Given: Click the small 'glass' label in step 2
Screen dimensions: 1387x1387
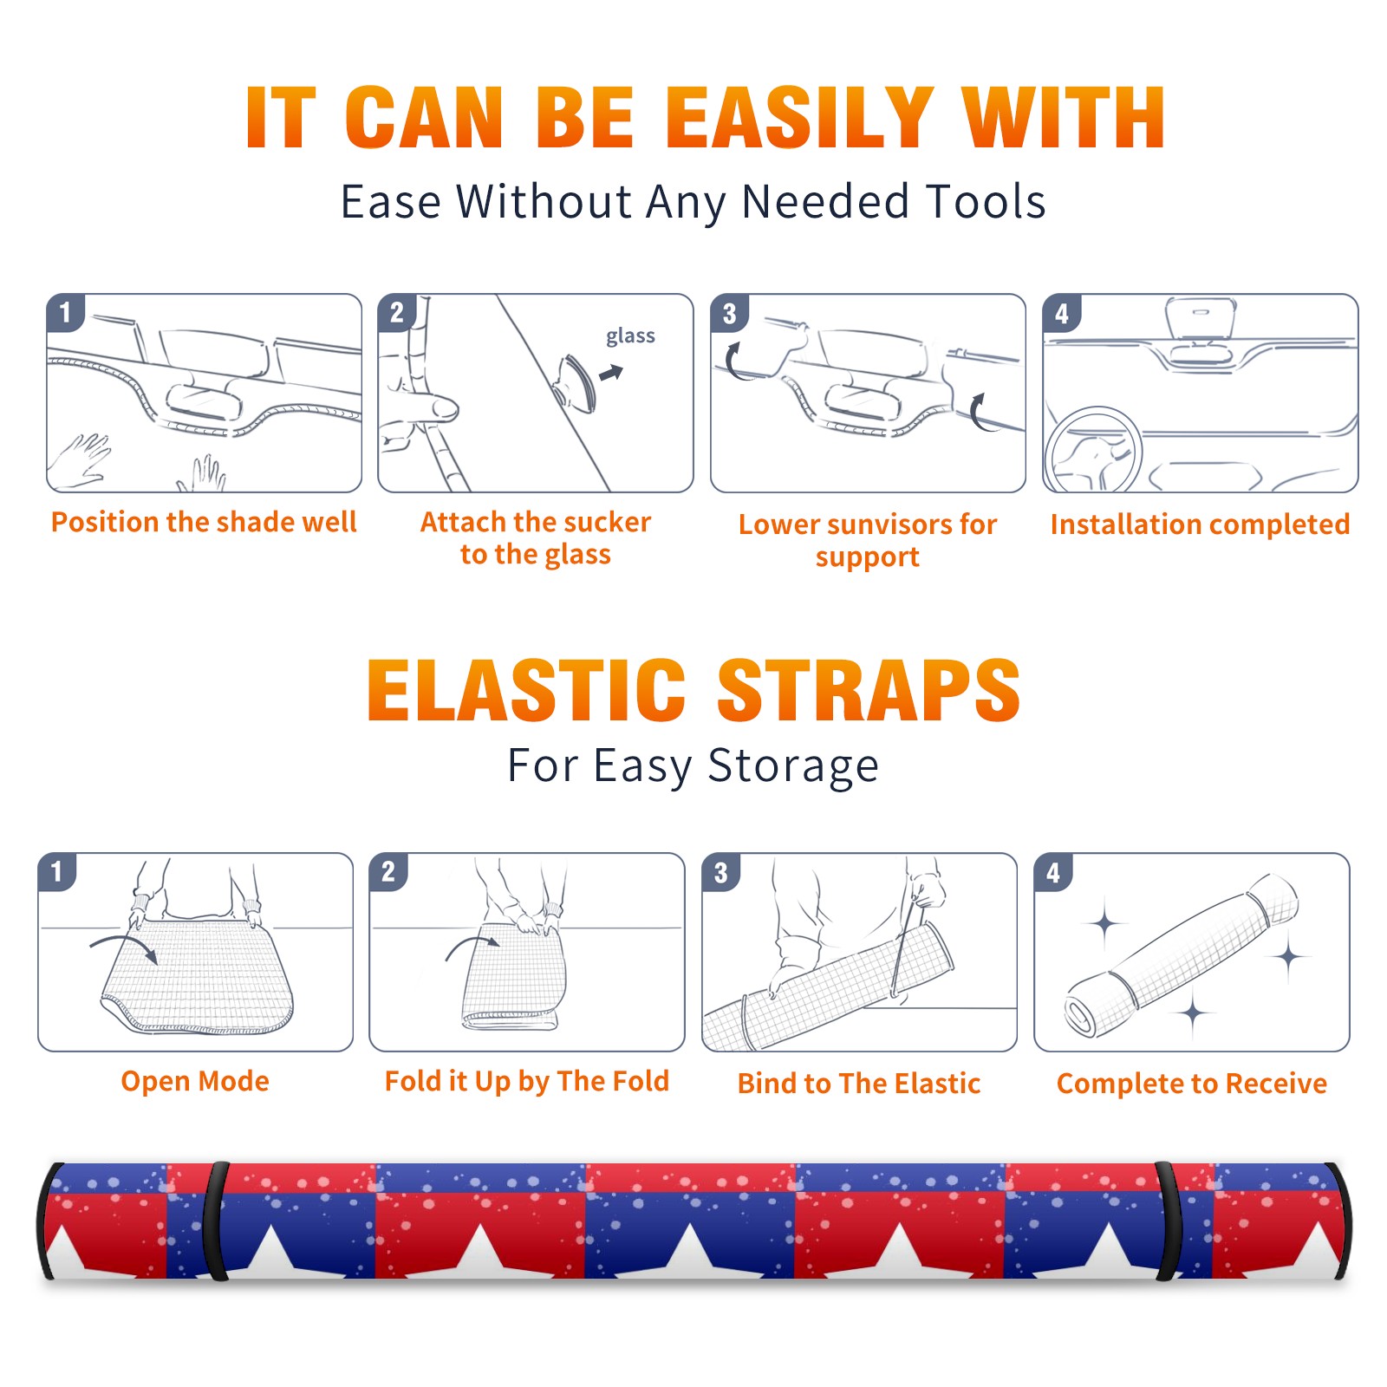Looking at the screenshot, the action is pyautogui.click(x=630, y=336).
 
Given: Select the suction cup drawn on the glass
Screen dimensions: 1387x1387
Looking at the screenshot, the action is pyautogui.click(x=576, y=382).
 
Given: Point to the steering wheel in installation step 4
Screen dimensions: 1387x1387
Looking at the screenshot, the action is pyautogui.click(x=1092, y=450).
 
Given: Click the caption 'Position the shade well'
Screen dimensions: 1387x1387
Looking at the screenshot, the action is pyautogui.click(x=204, y=522).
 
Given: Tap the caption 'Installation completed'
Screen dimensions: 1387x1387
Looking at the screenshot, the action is pyautogui.click(x=1200, y=524).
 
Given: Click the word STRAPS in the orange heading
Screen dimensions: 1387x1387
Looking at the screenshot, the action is pyautogui.click(x=869, y=690).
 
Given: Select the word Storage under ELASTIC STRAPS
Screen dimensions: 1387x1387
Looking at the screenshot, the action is pyautogui.click(x=792, y=766).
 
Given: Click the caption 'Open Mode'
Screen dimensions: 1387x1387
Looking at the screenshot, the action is pyautogui.click(x=195, y=1081).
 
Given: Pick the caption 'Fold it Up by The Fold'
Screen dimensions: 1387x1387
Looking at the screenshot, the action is pyautogui.click(x=527, y=1081).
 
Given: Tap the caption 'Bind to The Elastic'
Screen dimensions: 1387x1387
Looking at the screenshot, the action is pyautogui.click(x=859, y=1083).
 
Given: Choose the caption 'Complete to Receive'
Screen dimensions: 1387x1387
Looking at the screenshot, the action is pyautogui.click(x=1192, y=1083).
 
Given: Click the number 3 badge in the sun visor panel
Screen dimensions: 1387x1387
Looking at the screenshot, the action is pyautogui.click(x=729, y=314).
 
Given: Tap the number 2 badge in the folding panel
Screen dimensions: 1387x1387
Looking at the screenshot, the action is pyautogui.click(x=388, y=872).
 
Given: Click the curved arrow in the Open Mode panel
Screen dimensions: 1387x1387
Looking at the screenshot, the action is pyautogui.click(x=124, y=941).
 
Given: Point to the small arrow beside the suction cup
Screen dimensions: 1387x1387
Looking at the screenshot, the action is pyautogui.click(x=612, y=373).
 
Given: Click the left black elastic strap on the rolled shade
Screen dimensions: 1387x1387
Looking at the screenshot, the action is pyautogui.click(x=216, y=1221).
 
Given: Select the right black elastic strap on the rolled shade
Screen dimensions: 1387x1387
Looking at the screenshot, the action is pyautogui.click(x=1169, y=1221).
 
